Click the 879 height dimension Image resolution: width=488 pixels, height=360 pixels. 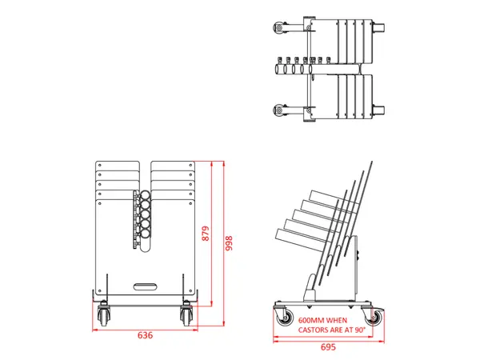(x=206, y=234)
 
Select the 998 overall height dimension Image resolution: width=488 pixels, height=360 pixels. (x=229, y=241)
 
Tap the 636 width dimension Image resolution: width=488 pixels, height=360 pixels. (x=145, y=335)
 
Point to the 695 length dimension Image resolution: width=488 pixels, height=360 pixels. (x=327, y=347)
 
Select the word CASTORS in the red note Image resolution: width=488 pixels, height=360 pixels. (x=314, y=329)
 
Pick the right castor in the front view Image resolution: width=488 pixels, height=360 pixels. (x=187, y=315)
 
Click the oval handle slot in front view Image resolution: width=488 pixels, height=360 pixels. (x=145, y=284)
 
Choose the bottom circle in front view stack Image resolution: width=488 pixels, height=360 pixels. (x=146, y=235)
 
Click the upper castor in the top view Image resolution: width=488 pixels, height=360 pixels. (x=279, y=28)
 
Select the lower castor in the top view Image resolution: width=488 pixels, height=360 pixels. (x=279, y=110)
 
